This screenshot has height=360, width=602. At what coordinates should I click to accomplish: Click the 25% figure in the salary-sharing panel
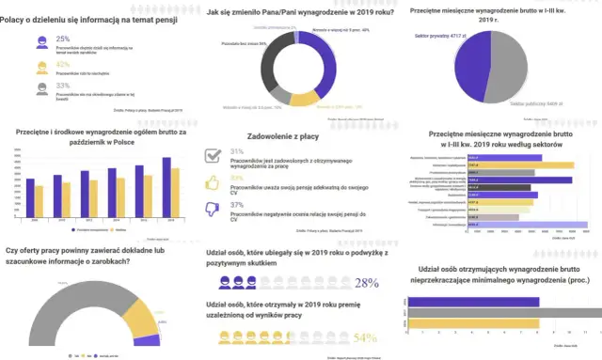point(63,39)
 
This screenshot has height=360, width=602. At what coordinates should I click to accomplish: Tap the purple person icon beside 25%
point(41,42)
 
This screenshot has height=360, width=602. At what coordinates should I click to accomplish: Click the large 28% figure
point(366,282)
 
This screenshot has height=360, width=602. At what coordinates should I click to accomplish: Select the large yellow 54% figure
point(365,337)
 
